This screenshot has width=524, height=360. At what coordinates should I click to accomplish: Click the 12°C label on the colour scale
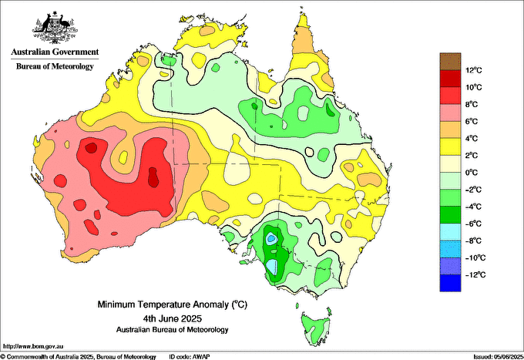point(474,70)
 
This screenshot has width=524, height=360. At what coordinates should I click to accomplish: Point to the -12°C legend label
point(474,275)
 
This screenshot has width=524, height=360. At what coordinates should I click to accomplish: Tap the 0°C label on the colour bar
point(472,173)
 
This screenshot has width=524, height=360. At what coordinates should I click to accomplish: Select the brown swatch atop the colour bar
point(450,62)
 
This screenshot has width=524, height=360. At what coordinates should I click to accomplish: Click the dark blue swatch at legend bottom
point(450,283)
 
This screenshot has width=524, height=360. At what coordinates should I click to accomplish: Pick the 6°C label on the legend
point(472,122)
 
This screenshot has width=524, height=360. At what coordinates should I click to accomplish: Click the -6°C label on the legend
point(473,224)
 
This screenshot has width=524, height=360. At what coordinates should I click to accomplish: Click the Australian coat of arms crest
point(55,27)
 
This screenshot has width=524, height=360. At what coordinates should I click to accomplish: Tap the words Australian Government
point(55,52)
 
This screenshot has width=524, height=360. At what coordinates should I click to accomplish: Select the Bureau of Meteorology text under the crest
point(55,66)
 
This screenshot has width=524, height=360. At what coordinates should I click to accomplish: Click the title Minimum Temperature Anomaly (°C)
point(173,304)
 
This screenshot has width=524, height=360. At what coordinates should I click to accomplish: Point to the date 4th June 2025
point(173,318)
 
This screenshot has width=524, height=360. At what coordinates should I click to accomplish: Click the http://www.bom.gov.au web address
point(32,346)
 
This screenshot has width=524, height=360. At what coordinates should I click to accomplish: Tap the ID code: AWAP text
point(190,357)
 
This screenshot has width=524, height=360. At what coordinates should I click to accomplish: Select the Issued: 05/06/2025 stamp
point(498,357)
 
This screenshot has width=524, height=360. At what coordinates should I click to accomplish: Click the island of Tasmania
point(316,328)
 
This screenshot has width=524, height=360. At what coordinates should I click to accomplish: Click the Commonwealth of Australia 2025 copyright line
point(79,357)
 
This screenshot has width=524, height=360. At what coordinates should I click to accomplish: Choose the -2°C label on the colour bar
point(473,190)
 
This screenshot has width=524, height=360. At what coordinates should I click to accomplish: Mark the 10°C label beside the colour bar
point(474,88)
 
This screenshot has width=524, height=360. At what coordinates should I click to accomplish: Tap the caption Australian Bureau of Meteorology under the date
point(173,330)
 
